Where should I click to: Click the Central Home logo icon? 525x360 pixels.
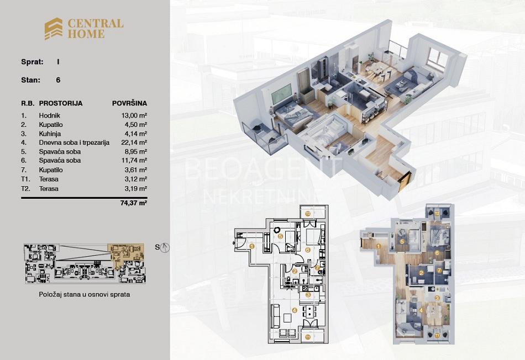coord(54,29)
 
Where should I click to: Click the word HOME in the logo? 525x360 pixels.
coord(86,34)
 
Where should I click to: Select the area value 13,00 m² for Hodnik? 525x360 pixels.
coord(134,115)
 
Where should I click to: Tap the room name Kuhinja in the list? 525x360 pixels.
coord(50,134)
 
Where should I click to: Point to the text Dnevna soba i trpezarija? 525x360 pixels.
coord(74,142)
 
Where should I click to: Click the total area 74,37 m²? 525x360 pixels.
coord(134,203)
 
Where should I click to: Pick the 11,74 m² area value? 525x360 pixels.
coord(134,160)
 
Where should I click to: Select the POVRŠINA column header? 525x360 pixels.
coord(129,103)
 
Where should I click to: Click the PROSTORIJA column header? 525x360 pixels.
coord(61,103)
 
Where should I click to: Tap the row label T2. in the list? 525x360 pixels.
coord(25,189)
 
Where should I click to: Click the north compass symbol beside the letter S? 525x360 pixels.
coord(165,247)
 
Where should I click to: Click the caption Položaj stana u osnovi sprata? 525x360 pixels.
coord(85,295)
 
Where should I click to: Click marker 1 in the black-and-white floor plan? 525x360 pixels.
coord(252,246)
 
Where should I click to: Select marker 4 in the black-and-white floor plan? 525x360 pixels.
coord(295,310)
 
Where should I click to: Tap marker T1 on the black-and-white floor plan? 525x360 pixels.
coord(308,337)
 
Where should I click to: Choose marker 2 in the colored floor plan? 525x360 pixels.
coord(422,273)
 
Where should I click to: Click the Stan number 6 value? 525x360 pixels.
coord(58,80)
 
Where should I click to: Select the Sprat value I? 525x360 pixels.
coord(58,62)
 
